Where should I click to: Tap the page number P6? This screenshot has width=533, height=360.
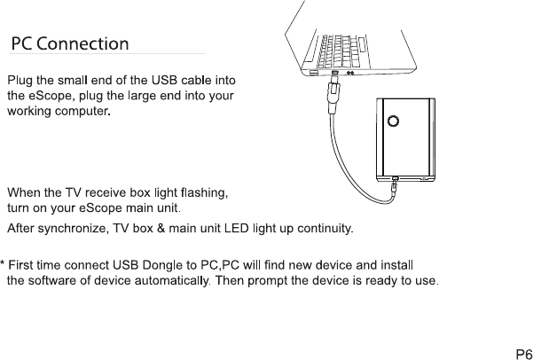pyautogui.click(x=523, y=352)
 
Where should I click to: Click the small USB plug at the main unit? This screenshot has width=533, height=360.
pyautogui.click(x=393, y=187)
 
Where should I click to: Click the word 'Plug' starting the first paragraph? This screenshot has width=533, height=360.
pyautogui.click(x=20, y=82)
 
